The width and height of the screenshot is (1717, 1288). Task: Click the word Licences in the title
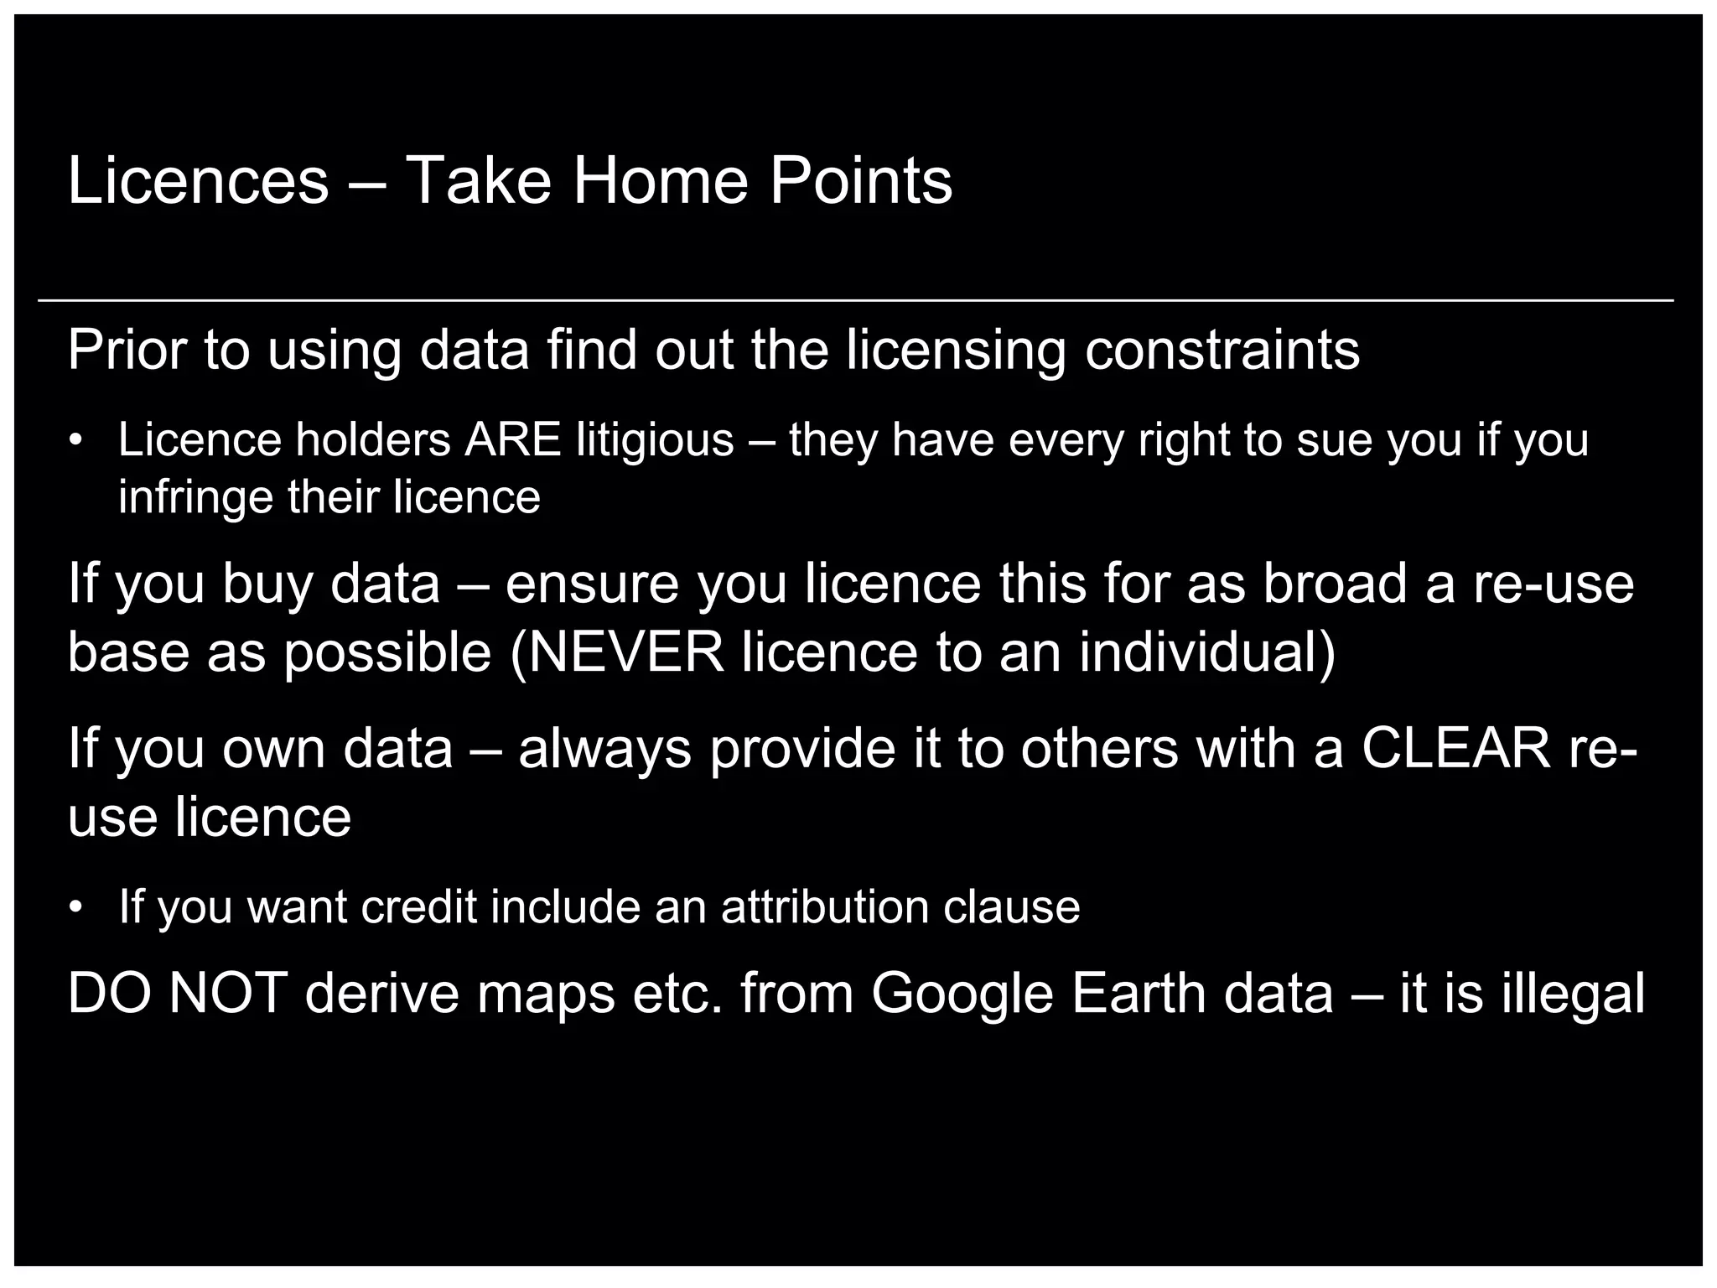(x=198, y=180)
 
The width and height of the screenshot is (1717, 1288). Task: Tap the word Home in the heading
(x=660, y=180)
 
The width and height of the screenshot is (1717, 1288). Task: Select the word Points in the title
(x=861, y=180)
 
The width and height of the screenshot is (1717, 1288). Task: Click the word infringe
(x=195, y=497)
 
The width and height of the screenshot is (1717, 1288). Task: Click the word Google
(x=962, y=993)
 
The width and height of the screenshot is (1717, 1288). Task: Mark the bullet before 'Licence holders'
(x=76, y=441)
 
